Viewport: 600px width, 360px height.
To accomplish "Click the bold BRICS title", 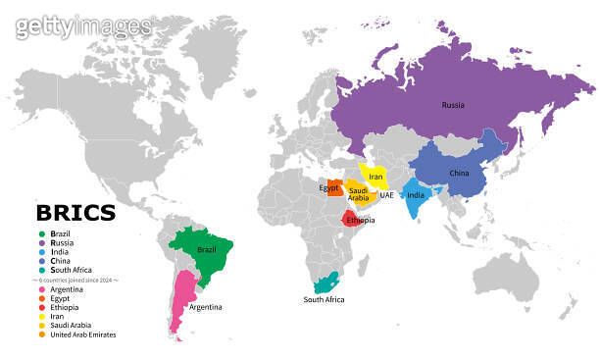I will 75,213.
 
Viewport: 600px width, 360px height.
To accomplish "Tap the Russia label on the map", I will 453,104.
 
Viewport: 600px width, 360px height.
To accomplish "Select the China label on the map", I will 459,173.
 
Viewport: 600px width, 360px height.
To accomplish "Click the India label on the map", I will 416,194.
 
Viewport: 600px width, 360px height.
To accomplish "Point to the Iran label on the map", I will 375,177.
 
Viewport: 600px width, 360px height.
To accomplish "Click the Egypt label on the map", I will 329,187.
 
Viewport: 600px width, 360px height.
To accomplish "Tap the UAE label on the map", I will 387,195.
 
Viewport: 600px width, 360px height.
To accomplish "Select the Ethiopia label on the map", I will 360,220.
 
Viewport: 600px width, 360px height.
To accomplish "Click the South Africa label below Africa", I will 324,299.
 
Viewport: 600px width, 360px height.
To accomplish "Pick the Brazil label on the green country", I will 206,250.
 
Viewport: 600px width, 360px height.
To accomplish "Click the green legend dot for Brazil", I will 41,233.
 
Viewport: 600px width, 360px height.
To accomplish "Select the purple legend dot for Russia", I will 41,242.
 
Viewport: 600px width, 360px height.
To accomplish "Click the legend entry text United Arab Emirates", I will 83,334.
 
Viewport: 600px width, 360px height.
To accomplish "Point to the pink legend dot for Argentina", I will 41,290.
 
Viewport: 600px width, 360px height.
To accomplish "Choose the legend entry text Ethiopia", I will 66,308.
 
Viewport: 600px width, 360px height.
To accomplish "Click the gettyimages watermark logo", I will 83,27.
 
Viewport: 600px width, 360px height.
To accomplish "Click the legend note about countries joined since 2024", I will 76,281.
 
